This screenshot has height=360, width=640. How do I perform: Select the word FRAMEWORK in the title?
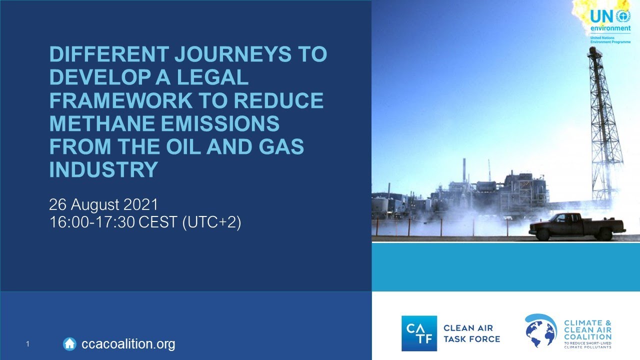[x=120, y=100]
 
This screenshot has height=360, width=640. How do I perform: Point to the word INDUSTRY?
[x=104, y=169]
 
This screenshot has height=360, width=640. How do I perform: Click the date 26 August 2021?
[x=103, y=204]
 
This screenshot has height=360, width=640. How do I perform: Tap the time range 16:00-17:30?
[x=92, y=222]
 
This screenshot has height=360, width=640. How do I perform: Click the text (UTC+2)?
[x=211, y=222]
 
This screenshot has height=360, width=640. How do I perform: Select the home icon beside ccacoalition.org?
[x=69, y=343]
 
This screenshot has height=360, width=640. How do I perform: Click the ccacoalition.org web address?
[x=128, y=344]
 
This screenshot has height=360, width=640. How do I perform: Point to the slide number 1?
[x=28, y=344]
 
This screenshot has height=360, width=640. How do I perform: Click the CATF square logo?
[x=419, y=333]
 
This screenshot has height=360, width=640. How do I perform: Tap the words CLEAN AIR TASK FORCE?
[x=471, y=333]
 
